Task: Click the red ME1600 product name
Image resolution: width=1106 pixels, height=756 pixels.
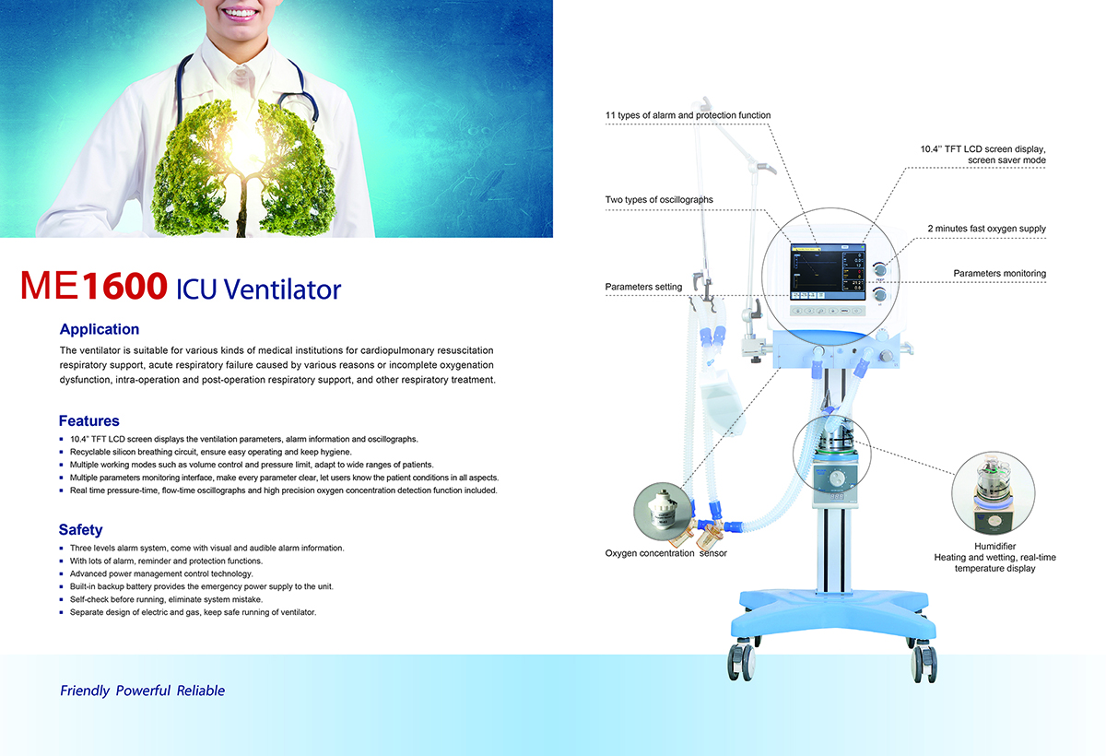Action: [94, 286]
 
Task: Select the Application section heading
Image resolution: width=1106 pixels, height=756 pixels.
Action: [100, 329]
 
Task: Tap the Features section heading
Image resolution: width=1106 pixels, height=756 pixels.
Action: [88, 420]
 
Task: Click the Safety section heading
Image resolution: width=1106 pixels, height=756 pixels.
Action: [80, 530]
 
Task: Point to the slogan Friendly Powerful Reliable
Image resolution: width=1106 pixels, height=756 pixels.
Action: [142, 691]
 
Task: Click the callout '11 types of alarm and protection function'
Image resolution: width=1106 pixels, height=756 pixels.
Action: [688, 115]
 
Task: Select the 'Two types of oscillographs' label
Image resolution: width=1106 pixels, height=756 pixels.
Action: [659, 199]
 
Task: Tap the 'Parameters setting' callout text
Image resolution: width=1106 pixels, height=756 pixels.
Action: [643, 287]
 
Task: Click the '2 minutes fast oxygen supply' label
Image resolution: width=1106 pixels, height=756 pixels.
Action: [986, 229]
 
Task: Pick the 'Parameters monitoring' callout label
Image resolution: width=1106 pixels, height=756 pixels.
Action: [999, 274]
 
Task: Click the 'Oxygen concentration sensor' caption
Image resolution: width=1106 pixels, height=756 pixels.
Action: [666, 553]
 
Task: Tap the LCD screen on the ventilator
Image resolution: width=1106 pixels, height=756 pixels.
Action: [828, 272]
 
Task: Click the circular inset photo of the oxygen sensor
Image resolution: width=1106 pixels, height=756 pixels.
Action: [663, 512]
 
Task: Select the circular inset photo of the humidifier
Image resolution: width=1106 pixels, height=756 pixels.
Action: [994, 493]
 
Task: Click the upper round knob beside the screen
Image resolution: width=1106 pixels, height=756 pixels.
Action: [880, 269]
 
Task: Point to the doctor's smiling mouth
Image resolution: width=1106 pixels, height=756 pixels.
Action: [241, 12]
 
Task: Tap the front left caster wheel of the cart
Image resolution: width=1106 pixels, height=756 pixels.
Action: [742, 661]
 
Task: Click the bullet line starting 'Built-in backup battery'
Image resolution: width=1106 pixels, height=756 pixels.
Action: [202, 586]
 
